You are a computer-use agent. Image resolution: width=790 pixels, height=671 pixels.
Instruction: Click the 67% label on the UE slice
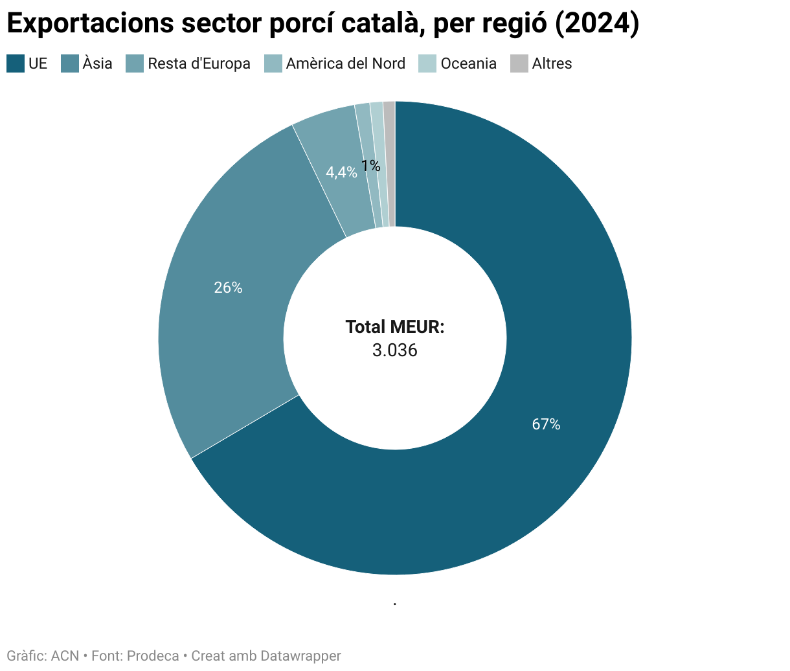pyautogui.click(x=546, y=424)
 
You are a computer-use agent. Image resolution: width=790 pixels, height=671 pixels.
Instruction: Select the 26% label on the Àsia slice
pyautogui.click(x=228, y=288)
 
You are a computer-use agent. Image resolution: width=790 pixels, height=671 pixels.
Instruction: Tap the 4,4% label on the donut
pyautogui.click(x=341, y=172)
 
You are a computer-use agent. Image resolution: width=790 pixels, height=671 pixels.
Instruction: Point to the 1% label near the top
pyautogui.click(x=370, y=166)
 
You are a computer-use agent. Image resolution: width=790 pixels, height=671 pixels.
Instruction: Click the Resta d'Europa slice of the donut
pyautogui.click(x=330, y=142)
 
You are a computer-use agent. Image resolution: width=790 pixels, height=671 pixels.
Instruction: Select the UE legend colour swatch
pyautogui.click(x=16, y=63)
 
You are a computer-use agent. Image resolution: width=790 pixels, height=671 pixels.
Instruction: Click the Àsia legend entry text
pyautogui.click(x=97, y=63)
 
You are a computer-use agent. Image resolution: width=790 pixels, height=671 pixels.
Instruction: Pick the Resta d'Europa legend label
pyautogui.click(x=199, y=63)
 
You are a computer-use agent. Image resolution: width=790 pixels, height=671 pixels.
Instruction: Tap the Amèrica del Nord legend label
pyautogui.click(x=345, y=63)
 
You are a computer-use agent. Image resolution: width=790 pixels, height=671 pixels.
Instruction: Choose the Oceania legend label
pyautogui.click(x=468, y=63)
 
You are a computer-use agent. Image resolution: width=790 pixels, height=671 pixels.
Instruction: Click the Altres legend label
pyautogui.click(x=552, y=63)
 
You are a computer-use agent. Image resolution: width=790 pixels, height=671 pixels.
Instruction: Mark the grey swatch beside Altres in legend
pyautogui.click(x=519, y=63)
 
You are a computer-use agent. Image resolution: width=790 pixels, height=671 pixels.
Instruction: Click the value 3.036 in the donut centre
pyautogui.click(x=394, y=350)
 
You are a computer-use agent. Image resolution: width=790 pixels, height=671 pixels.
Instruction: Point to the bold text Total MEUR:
pyautogui.click(x=394, y=327)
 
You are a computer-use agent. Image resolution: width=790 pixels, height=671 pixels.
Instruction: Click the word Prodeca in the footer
pyautogui.click(x=153, y=655)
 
